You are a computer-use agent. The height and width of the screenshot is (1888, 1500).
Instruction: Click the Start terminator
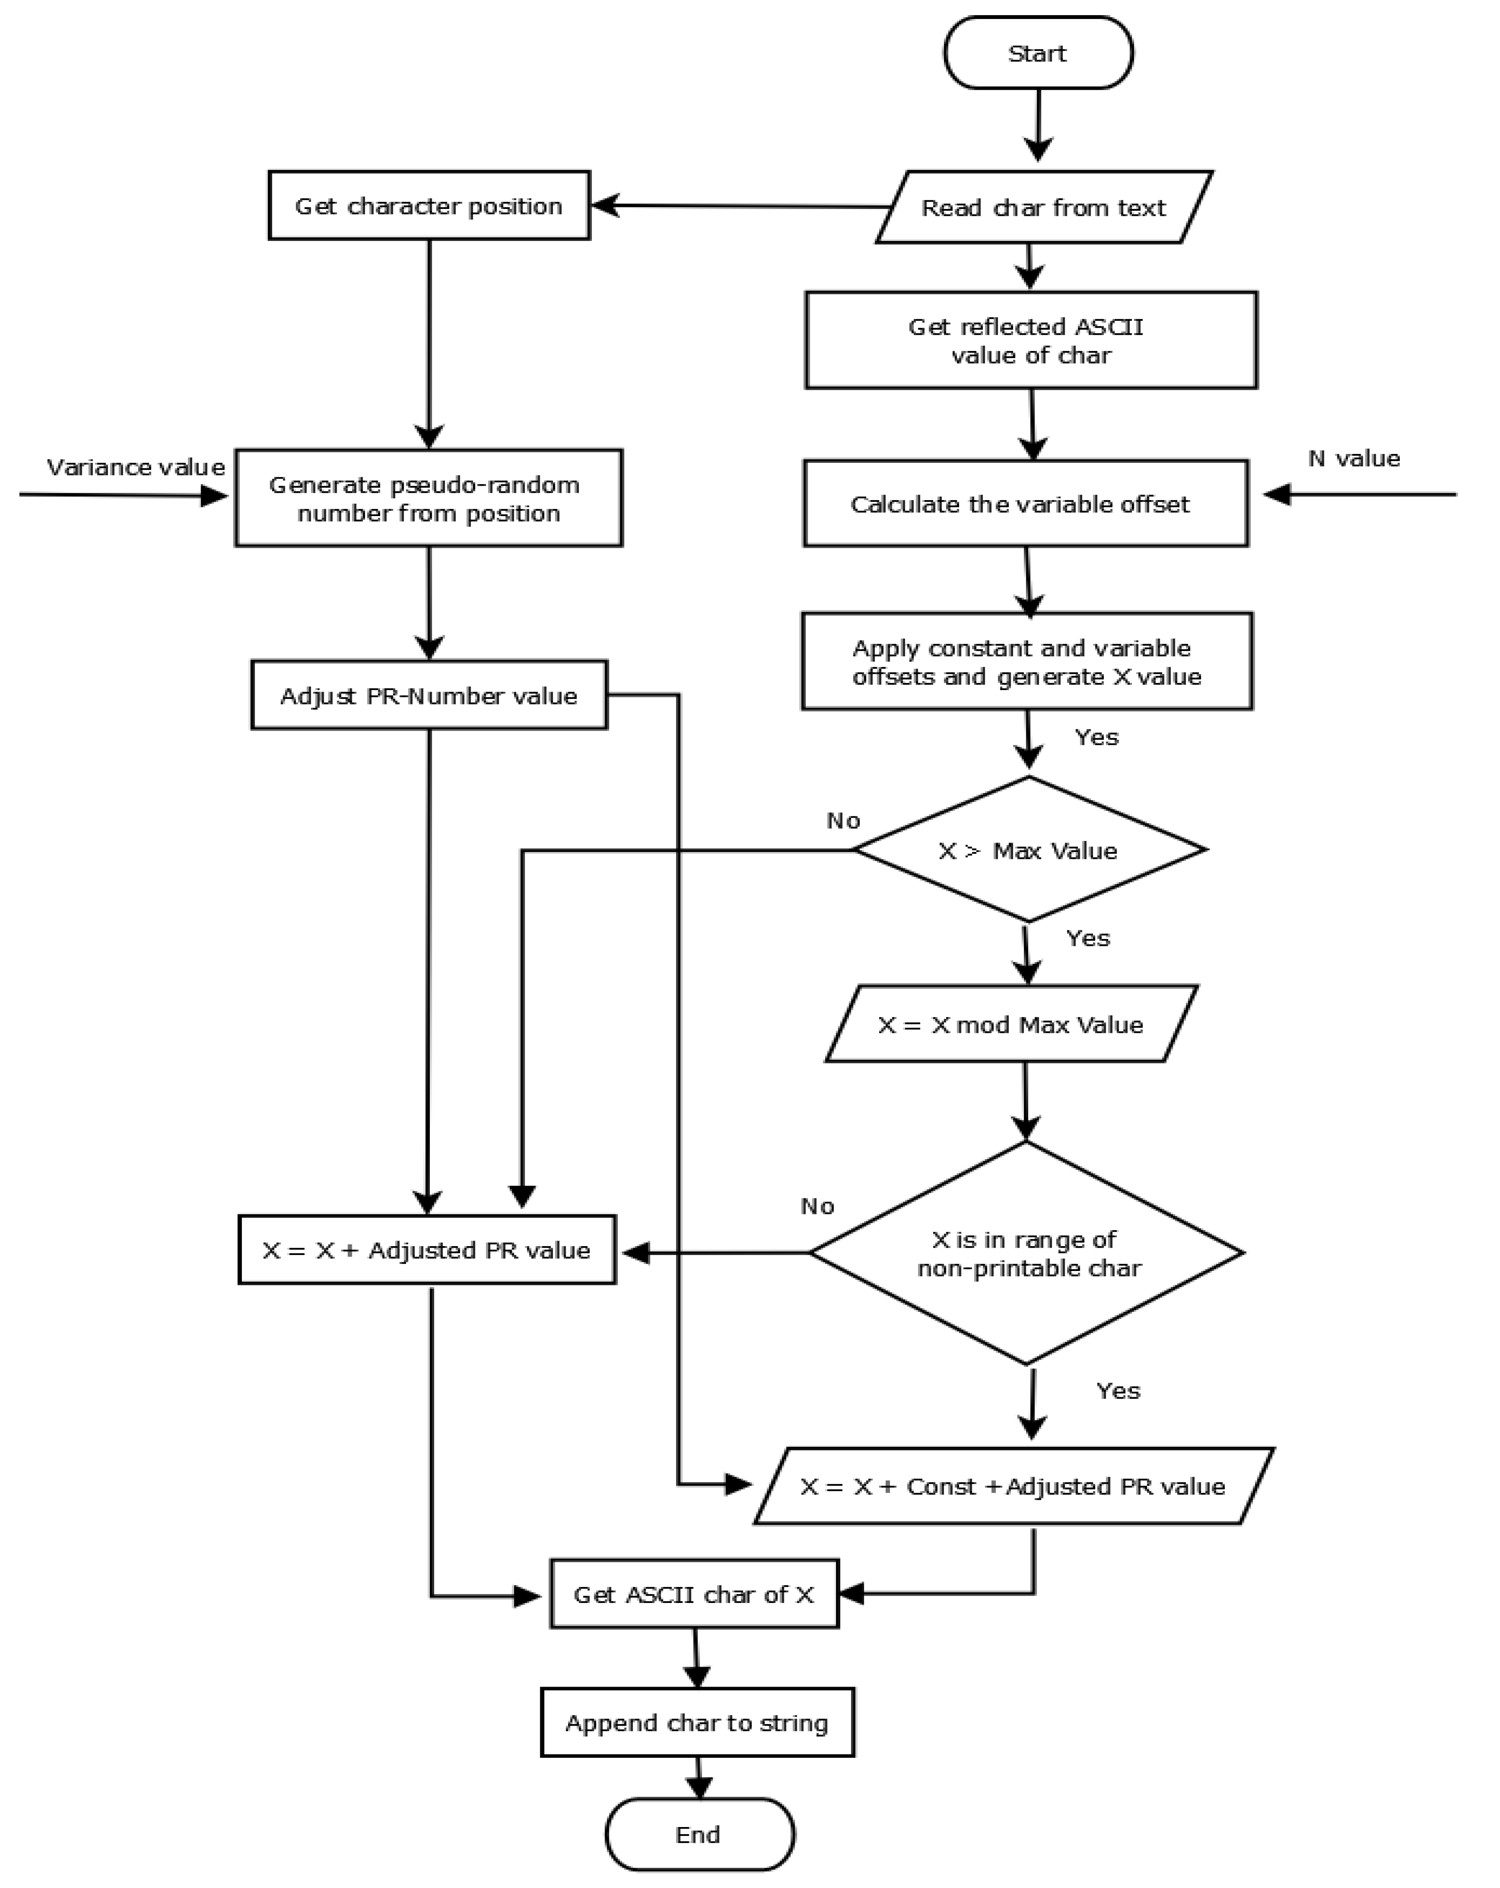(x=1038, y=54)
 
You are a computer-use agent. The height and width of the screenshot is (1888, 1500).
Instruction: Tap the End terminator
(x=699, y=1834)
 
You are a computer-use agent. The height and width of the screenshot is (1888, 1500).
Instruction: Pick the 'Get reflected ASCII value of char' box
(x=1031, y=341)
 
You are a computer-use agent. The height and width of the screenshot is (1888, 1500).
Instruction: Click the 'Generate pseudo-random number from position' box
(x=428, y=498)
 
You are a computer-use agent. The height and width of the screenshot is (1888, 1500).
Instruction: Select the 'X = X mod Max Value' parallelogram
(x=1010, y=1024)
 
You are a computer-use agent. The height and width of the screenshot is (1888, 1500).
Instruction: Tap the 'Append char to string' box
(x=697, y=1723)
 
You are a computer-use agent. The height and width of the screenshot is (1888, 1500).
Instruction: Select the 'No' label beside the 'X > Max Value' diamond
(x=843, y=821)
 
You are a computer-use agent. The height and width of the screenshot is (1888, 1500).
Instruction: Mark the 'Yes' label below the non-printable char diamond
(x=1118, y=1391)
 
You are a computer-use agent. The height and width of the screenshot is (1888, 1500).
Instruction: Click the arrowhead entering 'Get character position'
(x=604, y=206)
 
